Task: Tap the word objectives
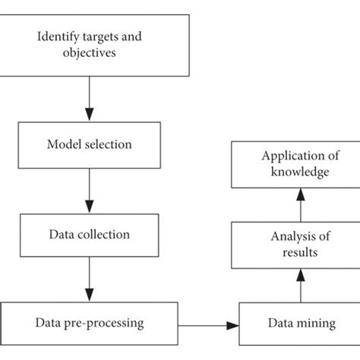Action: click(x=90, y=53)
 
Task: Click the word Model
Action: click(x=65, y=144)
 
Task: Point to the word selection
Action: click(x=108, y=144)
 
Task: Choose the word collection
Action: click(x=103, y=234)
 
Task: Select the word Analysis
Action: click(x=293, y=237)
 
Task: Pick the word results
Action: click(x=300, y=252)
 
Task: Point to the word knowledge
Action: click(x=300, y=172)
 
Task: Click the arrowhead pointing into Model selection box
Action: click(x=90, y=115)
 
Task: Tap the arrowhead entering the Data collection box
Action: click(x=90, y=207)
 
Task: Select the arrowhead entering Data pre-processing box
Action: click(x=90, y=295)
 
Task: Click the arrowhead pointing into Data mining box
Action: click(x=232, y=326)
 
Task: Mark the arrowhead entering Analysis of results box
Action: click(x=301, y=275)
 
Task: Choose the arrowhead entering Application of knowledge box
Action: click(x=301, y=194)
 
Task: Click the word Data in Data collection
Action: click(x=62, y=234)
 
